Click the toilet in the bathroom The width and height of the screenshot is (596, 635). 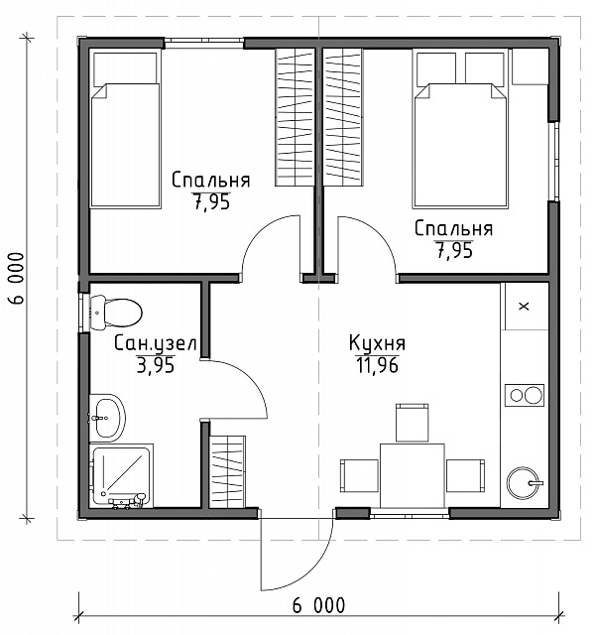(115, 313)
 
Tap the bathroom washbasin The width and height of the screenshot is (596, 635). (106, 418)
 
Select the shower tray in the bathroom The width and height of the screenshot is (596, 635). (121, 475)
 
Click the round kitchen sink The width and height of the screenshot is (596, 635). (525, 483)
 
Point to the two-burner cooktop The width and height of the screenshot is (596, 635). (525, 395)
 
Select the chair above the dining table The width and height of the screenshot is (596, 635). (413, 422)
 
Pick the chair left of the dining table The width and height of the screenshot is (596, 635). (359, 475)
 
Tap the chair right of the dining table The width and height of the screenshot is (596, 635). (466, 475)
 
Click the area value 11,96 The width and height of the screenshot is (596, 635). (378, 365)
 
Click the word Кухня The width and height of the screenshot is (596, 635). (377, 343)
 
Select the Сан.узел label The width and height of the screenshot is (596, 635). (156, 343)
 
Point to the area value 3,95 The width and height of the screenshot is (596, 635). (156, 365)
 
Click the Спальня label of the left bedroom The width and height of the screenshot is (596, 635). (211, 180)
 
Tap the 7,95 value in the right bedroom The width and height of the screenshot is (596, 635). (454, 251)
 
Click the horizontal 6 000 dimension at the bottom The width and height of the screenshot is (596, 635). (318, 606)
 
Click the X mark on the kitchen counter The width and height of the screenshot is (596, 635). (525, 307)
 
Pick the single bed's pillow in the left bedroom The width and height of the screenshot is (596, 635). (125, 69)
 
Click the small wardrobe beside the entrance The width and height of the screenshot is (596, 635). (227, 472)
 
